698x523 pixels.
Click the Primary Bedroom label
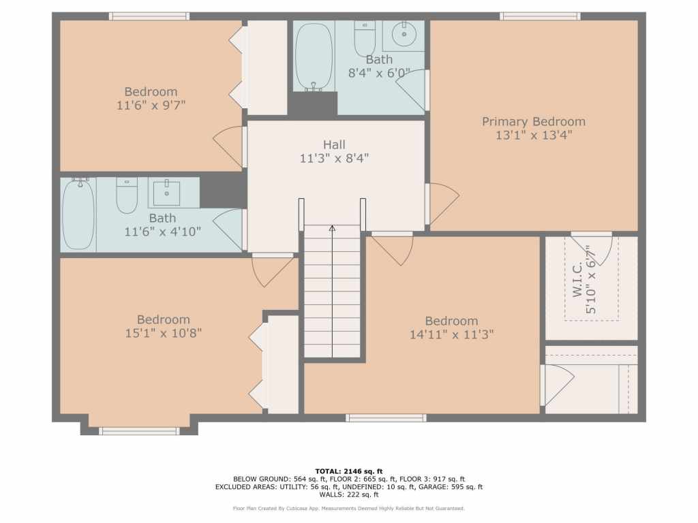point(533,121)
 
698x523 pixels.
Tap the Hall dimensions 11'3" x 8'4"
point(334,158)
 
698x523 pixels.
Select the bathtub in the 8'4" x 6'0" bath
point(314,57)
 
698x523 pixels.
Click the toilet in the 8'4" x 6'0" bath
point(365,38)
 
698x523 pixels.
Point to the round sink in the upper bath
point(404,34)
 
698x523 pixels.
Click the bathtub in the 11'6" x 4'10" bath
point(78,215)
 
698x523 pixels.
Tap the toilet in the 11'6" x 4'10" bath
point(127,195)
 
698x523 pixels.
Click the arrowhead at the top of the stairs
point(332,228)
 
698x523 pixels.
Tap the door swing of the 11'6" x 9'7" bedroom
point(228,147)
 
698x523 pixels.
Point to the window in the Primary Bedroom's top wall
point(540,16)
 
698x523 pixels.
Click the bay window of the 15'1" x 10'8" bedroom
point(139,431)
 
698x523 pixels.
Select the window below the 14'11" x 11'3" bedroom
point(386,417)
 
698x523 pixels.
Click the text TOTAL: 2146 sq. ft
point(348,471)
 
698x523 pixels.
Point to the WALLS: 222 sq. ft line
point(348,494)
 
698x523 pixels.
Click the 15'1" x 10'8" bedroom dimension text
point(164,332)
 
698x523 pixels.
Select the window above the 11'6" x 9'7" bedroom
point(149,16)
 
